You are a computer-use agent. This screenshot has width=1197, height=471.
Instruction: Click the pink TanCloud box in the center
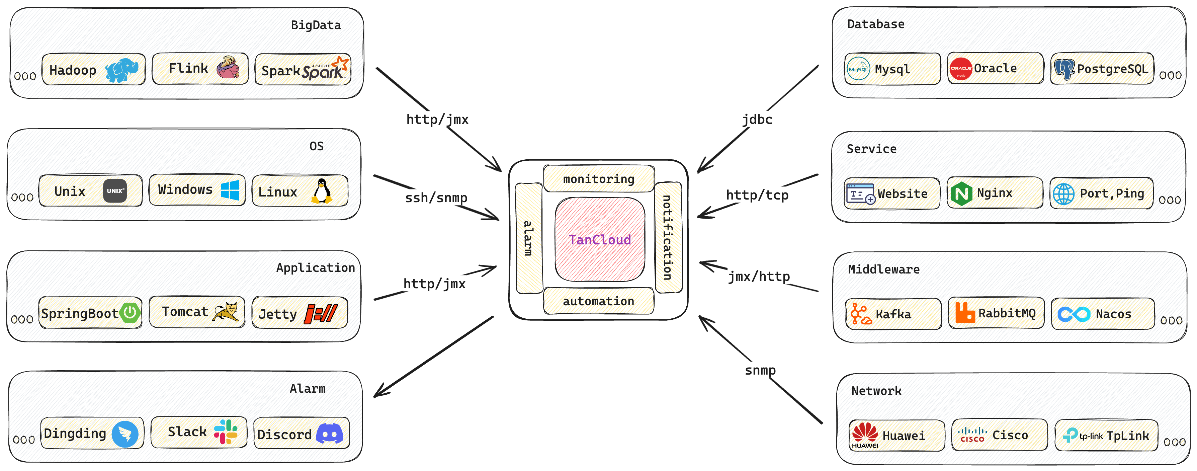[599, 239]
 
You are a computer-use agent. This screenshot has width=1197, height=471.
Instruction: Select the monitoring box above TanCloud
[598, 178]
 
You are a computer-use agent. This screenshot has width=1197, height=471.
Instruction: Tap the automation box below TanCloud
[598, 301]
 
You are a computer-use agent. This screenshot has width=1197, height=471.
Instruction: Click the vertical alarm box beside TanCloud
[528, 238]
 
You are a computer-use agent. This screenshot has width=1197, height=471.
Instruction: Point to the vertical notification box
[668, 237]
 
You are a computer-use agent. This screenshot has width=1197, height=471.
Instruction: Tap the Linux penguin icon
[322, 191]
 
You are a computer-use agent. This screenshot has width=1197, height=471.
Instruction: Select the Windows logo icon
[230, 190]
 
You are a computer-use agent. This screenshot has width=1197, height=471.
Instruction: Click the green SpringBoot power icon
[130, 312]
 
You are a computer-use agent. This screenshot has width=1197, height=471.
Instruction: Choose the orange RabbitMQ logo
[965, 312]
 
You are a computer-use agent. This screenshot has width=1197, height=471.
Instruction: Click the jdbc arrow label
[757, 120]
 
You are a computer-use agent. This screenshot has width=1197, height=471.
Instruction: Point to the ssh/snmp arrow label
[436, 198]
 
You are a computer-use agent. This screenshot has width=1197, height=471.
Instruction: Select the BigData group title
[316, 25]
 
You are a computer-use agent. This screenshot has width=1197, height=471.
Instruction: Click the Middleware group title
[883, 269]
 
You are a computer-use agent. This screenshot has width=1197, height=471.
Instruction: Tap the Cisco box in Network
[999, 435]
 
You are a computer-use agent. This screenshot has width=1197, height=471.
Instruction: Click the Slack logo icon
[226, 431]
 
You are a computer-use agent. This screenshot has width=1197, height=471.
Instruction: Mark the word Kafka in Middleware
[893, 314]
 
